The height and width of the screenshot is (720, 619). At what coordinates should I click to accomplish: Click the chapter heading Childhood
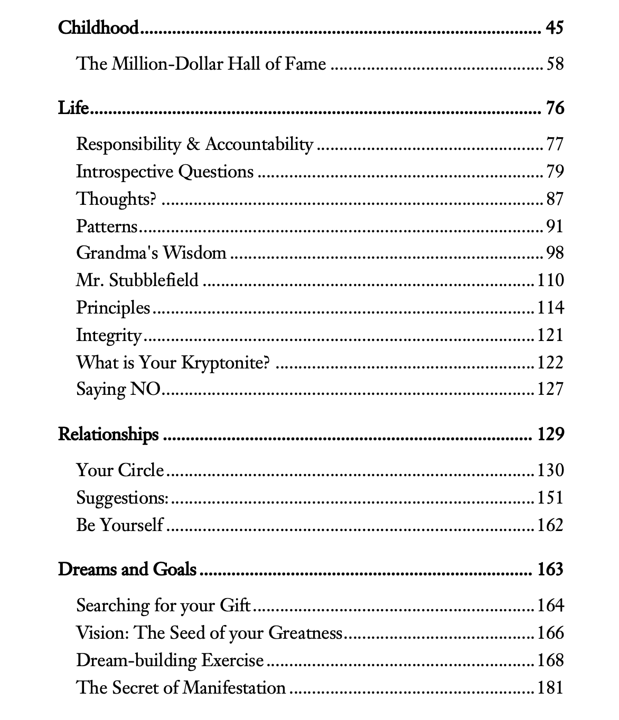[x=98, y=27]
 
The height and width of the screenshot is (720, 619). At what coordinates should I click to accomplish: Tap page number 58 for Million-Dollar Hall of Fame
[x=555, y=64]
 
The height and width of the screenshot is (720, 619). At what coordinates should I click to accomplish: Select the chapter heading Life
[x=73, y=108]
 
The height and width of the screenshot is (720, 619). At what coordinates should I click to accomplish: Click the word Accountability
[x=259, y=144]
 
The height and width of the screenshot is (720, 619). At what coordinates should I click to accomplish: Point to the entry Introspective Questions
[x=165, y=172]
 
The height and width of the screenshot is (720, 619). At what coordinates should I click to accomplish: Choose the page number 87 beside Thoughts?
[x=555, y=199]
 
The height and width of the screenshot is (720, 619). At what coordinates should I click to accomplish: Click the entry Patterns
[x=107, y=226]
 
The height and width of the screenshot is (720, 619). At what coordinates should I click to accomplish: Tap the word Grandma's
[x=117, y=253]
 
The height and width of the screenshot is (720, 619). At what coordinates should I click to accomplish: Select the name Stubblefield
[x=154, y=280]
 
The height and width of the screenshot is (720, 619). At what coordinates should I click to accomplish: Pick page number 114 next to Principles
[x=550, y=307]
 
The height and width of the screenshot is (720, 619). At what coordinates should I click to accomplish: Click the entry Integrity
[x=109, y=335]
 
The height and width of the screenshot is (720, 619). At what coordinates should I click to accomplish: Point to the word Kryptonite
[x=225, y=363]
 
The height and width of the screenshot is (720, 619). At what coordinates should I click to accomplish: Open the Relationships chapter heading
[x=108, y=434]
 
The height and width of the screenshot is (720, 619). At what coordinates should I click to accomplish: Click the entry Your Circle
[x=120, y=470]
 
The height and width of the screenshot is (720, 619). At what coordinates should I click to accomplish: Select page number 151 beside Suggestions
[x=550, y=498]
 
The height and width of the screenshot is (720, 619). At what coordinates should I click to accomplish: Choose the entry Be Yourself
[x=120, y=525]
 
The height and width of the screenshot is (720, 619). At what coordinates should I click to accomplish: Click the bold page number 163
[x=550, y=570]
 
